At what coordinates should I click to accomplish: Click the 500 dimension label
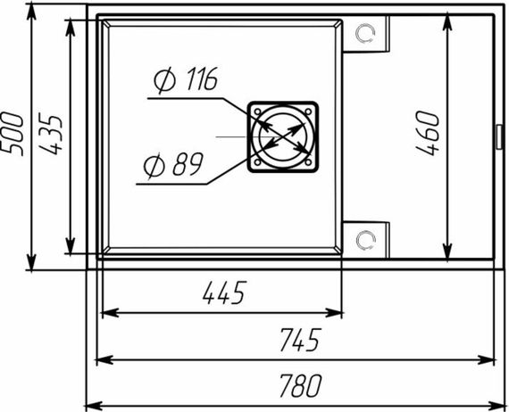(13, 134)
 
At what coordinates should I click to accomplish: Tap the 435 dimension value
(50, 134)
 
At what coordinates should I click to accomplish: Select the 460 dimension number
(428, 133)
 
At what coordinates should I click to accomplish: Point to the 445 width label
(224, 293)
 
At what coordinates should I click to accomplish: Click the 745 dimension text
(301, 340)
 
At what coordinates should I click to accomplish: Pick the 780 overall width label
(301, 385)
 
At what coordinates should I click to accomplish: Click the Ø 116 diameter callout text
(186, 80)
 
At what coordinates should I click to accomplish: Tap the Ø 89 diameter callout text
(173, 165)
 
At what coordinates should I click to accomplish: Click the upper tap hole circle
(365, 33)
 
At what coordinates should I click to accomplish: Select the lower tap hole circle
(365, 240)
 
